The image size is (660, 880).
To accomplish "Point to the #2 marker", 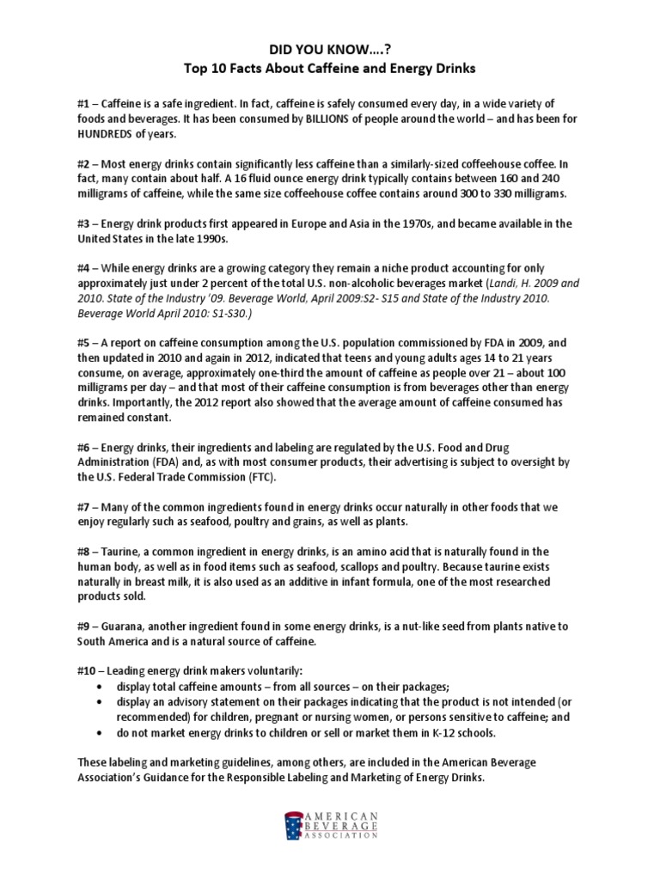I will [85, 164].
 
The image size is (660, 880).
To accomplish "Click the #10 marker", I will [89, 669].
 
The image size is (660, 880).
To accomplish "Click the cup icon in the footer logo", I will [295, 826].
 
